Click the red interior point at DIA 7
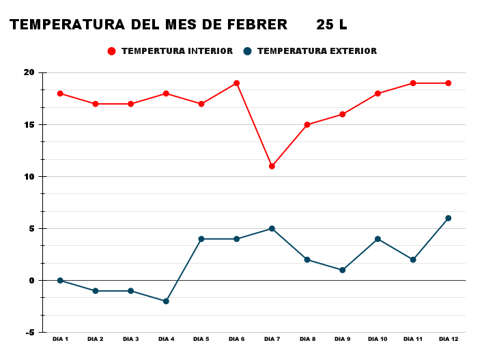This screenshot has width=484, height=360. tap(272, 166)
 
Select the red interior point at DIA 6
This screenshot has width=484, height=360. tap(236, 83)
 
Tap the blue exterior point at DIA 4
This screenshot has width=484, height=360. tap(166, 301)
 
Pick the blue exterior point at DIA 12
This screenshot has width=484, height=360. tap(449, 218)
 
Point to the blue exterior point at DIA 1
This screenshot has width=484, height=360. tap(60, 280)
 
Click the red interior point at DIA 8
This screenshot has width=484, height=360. tap(307, 124)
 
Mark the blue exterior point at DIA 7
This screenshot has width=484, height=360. tap(272, 228)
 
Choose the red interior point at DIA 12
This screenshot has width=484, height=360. tap(449, 83)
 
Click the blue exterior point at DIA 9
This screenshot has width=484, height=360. tap(343, 270)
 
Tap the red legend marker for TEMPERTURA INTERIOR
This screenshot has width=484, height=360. tap(112, 51)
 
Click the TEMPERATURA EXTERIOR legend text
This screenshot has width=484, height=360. tap(317, 51)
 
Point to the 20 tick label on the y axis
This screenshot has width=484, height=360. tap(29, 72)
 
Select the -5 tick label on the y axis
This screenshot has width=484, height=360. tap(30, 332)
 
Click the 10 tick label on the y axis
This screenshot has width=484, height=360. tap(29, 176)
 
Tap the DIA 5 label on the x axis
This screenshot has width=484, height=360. tap(201, 340)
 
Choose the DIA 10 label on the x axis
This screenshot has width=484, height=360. tap(378, 340)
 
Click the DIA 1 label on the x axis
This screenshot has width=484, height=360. tap(60, 340)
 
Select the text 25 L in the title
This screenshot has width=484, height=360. tap(332, 25)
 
